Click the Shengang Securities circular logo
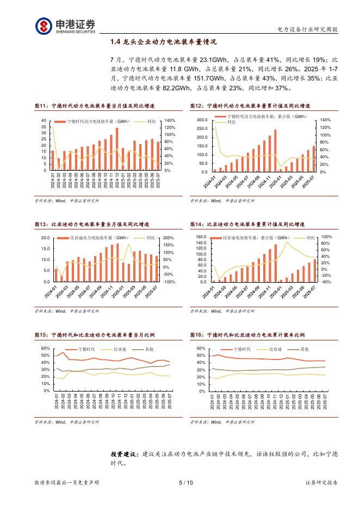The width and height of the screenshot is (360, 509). click(x=45, y=26)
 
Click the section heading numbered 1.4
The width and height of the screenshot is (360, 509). click(x=163, y=41)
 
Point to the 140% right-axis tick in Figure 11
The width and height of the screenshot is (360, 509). click(x=169, y=120)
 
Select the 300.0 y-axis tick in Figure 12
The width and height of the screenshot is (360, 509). click(x=202, y=120)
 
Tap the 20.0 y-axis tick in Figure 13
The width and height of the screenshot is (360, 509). click(x=45, y=238)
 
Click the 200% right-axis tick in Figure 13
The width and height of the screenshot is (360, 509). click(x=169, y=238)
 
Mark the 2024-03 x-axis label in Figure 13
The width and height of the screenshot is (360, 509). click(x=66, y=294)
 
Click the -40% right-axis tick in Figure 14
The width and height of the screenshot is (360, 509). click(x=326, y=282)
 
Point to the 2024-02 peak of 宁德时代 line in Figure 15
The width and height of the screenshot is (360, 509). click(x=61, y=352)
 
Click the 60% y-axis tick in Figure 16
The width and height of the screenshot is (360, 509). click(x=201, y=348)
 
